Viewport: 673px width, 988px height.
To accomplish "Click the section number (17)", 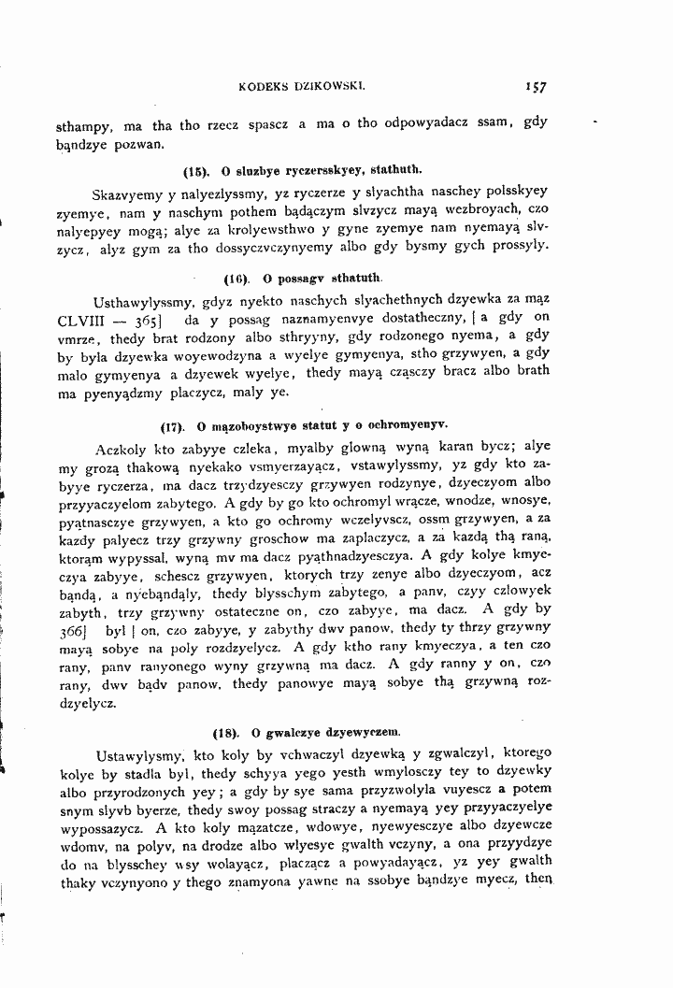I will click(173, 427).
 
